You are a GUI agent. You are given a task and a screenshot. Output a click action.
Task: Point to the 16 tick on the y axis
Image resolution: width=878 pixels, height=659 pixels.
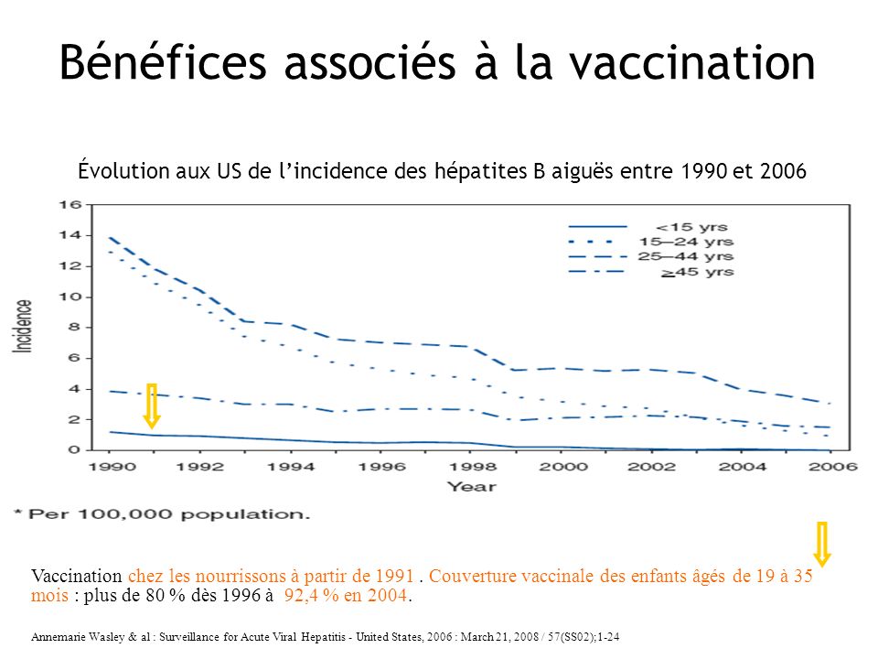69,204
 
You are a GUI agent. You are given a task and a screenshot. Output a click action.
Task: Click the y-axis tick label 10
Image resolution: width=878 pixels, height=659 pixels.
69,297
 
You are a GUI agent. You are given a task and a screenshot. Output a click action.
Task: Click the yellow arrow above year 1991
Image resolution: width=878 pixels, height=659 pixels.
152,405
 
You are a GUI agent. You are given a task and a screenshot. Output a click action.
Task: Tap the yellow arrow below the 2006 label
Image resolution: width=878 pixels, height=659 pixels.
822,544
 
